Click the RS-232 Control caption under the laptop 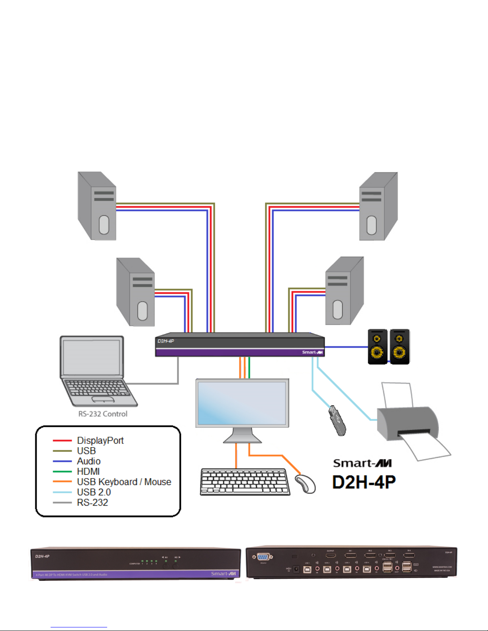pyautogui.click(x=103, y=414)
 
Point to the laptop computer pyautogui.click(x=96, y=370)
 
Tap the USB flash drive pyautogui.click(x=337, y=420)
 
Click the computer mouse pyautogui.click(x=306, y=484)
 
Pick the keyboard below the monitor pyautogui.click(x=245, y=482)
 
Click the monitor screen pyautogui.click(x=242, y=403)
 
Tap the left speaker pyautogui.click(x=377, y=346)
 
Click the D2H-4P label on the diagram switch pyautogui.click(x=165, y=341)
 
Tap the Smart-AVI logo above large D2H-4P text pyautogui.click(x=362, y=463)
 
